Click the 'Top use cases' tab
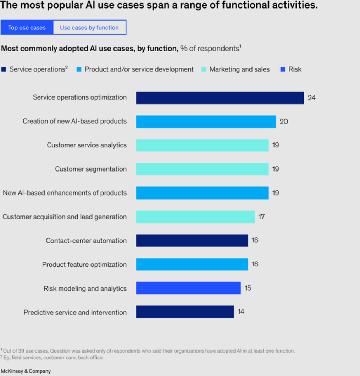(x=27, y=27)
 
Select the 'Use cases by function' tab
(x=89, y=27)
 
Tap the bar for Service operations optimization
(x=220, y=98)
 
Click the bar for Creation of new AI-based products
(x=206, y=122)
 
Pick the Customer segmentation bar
(x=202, y=169)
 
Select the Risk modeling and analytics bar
(x=188, y=288)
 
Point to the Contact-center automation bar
(x=192, y=241)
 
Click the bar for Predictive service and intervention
(x=185, y=312)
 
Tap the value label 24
(x=311, y=97)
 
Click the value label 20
(x=284, y=121)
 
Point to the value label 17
(x=261, y=217)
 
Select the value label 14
(x=241, y=312)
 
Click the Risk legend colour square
(x=283, y=69)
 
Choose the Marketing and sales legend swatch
(x=204, y=69)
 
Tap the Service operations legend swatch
(x=4, y=69)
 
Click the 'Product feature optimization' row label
(x=84, y=264)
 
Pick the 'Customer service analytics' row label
(x=87, y=145)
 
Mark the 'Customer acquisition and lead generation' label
(x=65, y=217)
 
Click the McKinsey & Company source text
(x=26, y=371)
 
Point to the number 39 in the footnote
(x=21, y=351)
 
